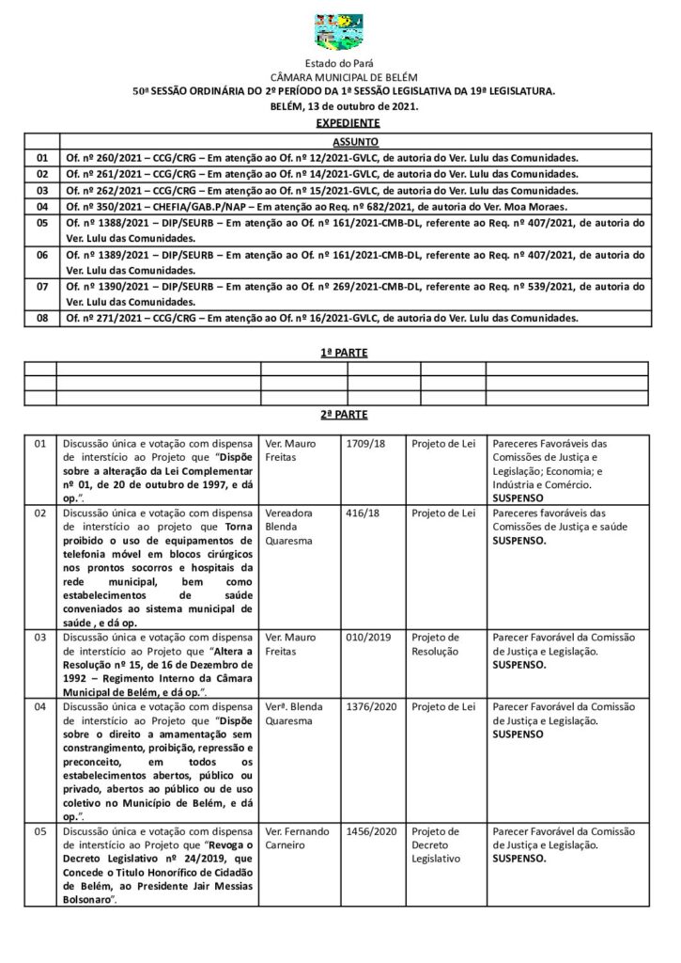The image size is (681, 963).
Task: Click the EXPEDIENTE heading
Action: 348,123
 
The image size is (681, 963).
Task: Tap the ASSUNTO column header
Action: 356,141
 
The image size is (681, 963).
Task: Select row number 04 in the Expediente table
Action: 41,206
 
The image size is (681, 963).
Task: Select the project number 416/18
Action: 362,514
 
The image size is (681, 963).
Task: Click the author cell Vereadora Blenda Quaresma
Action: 292,528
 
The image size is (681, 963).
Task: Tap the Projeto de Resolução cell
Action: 435,643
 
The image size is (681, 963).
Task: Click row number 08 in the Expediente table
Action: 41,319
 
